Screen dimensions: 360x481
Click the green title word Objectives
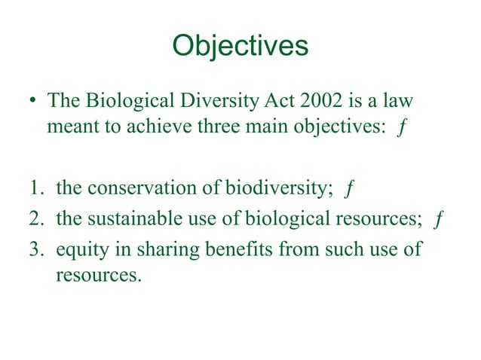pos(240,47)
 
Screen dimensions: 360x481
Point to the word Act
pos(266,101)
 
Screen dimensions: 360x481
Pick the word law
pos(398,101)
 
